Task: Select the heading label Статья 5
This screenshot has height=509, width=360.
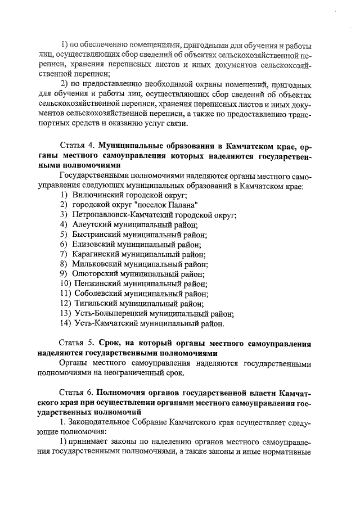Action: pyautogui.click(x=77, y=343)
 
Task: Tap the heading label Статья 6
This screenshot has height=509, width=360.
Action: pyautogui.click(x=77, y=392)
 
